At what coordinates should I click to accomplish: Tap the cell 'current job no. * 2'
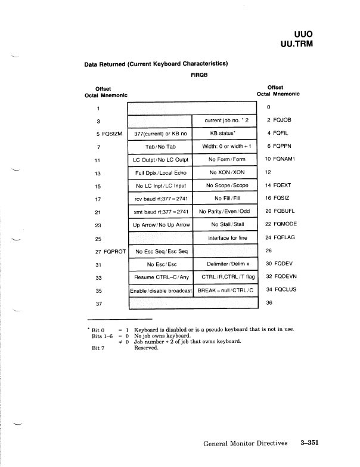[x=225, y=120]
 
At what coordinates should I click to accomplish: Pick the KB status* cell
[x=225, y=134]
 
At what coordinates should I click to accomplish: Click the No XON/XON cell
[x=225, y=172]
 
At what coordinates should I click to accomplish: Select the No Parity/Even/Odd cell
[x=225, y=212]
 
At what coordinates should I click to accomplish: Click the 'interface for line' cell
[x=225, y=238]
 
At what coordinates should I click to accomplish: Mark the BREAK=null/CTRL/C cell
[x=225, y=290]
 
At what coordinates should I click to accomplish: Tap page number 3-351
[x=310, y=443]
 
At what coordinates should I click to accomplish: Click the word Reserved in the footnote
[x=146, y=348]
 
